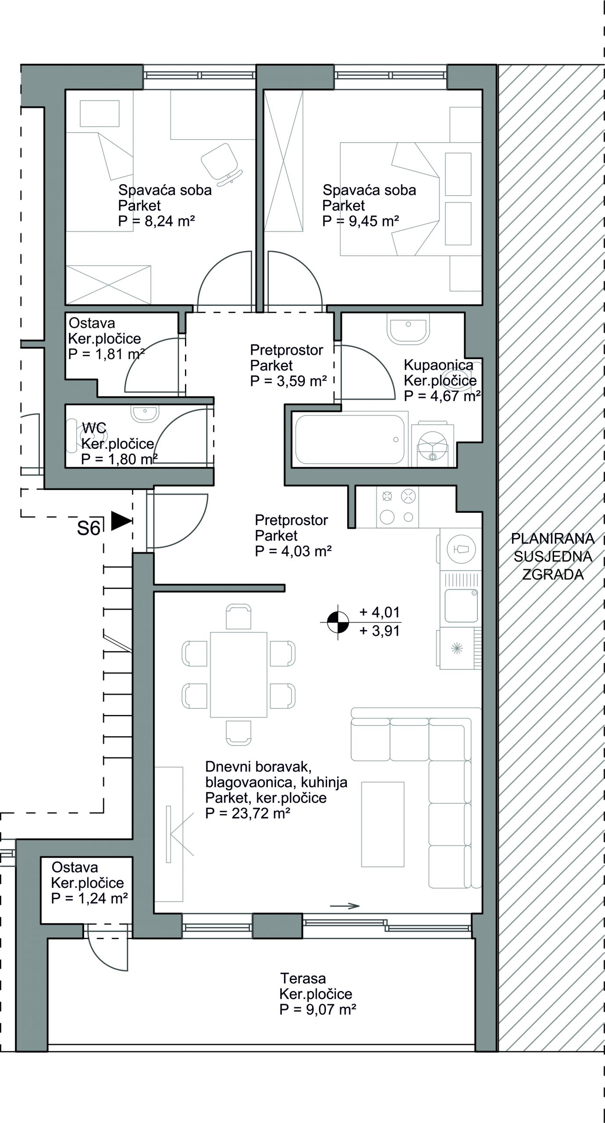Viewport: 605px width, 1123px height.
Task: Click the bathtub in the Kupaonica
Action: (350, 439)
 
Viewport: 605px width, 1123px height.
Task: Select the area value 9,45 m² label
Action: (360, 221)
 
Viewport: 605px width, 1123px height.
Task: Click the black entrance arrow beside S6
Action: (121, 521)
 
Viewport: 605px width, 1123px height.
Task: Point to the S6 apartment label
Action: (89, 529)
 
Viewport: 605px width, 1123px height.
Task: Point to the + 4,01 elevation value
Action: (380, 612)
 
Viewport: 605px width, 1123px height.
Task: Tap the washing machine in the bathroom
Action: (433, 444)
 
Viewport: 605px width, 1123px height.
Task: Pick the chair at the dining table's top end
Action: (238, 616)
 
